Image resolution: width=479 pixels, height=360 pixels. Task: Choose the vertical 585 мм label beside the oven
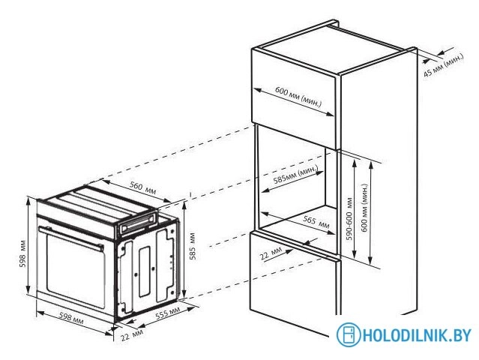coord(193,255)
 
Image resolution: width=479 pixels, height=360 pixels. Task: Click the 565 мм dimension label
coord(314,220)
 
